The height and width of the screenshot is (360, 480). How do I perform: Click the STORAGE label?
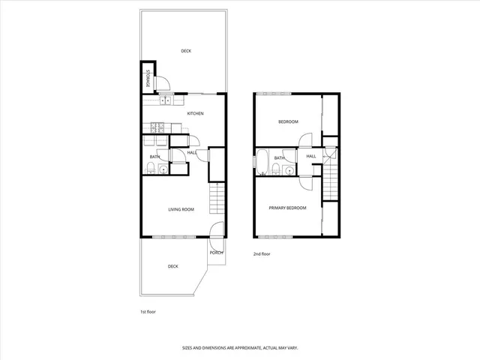[148, 79]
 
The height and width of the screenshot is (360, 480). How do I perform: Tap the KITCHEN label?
[196, 113]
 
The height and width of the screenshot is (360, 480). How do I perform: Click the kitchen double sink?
[166, 100]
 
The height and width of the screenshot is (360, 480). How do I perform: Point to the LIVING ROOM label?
[181, 209]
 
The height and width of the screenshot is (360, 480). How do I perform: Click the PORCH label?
[216, 252]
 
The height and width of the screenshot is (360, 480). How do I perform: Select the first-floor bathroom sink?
[164, 169]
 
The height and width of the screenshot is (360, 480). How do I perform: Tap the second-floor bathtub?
[262, 161]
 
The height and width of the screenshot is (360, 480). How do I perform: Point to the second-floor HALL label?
[310, 156]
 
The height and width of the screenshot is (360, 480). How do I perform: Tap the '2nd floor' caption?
[261, 253]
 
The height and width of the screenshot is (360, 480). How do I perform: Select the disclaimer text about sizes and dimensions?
[239, 347]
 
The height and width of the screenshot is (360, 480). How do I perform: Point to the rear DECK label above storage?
[186, 51]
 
